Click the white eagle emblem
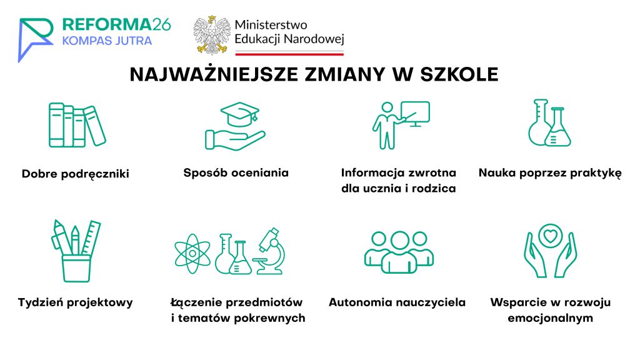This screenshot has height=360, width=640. pyautogui.click(x=212, y=35)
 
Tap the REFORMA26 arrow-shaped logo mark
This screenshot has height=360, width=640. pyautogui.click(x=36, y=39)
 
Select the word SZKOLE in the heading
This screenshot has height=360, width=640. pyautogui.click(x=459, y=74)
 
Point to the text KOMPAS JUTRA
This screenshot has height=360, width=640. pyautogui.click(x=107, y=41)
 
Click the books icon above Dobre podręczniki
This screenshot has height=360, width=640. pyautogui.click(x=77, y=125)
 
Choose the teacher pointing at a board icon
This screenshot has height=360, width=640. pyautogui.click(x=401, y=125)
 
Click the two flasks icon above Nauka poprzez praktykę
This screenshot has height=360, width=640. pyautogui.click(x=549, y=122)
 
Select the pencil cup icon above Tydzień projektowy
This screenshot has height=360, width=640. pyautogui.click(x=76, y=251)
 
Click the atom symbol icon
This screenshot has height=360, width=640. pyautogui.click(x=192, y=254)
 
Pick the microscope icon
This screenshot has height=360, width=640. pyautogui.click(x=269, y=251)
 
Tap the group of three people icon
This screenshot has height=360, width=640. pyautogui.click(x=399, y=252)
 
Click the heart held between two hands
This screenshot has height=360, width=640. pyautogui.click(x=550, y=236)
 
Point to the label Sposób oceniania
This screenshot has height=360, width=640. pyautogui.click(x=236, y=173)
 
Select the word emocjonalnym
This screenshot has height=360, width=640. pyautogui.click(x=550, y=318)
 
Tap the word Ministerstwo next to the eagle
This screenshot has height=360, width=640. pyautogui.click(x=271, y=25)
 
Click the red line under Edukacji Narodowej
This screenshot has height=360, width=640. pyautogui.click(x=289, y=54)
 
